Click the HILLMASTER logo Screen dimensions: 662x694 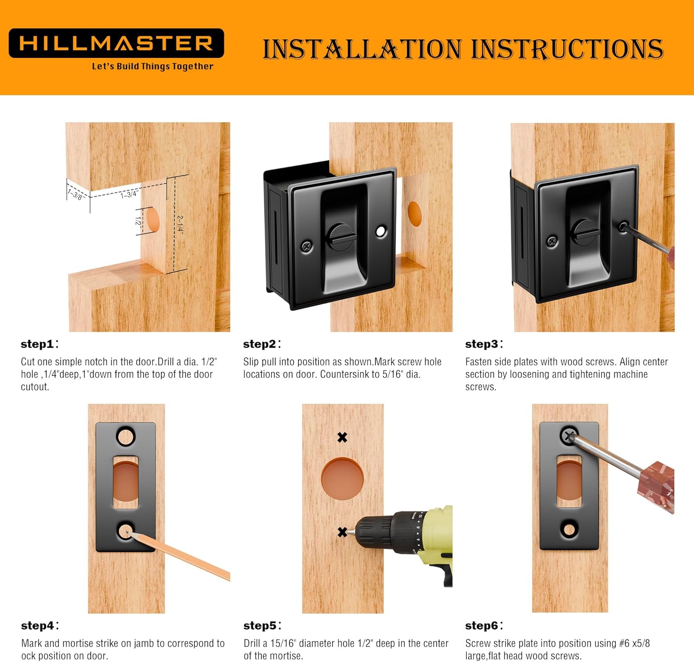pyautogui.click(x=116, y=43)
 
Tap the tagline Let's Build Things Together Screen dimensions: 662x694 pyautogui.click(x=152, y=66)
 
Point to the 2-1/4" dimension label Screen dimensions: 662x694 pyautogui.click(x=180, y=225)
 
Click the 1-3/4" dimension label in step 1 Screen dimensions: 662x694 pyautogui.click(x=129, y=194)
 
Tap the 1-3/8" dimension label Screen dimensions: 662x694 pyautogui.click(x=75, y=194)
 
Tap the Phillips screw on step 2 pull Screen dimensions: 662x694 pyautogui.click(x=307, y=246)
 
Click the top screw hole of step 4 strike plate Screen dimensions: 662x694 pyautogui.click(x=125, y=436)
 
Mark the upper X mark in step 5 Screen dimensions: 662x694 pyautogui.click(x=342, y=437)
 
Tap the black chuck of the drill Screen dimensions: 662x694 pyautogui.click(x=375, y=532)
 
